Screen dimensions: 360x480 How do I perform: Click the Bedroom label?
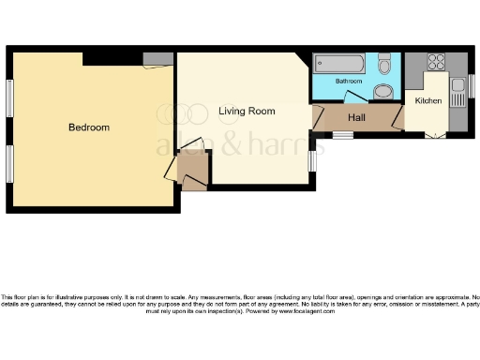click(89, 127)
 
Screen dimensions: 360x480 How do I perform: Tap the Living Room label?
click(247, 112)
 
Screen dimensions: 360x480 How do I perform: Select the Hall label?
click(356, 118)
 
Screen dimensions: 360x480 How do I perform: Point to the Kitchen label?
click(427, 100)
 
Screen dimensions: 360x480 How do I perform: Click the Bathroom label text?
click(350, 82)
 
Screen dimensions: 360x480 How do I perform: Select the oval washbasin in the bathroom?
click(383, 92)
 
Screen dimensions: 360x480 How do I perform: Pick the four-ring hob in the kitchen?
click(436, 63)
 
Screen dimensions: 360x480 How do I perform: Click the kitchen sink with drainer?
click(457, 93)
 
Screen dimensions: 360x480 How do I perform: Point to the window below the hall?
click(343, 135)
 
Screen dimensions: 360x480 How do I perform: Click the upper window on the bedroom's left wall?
click(9, 100)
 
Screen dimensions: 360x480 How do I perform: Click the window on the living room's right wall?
click(312, 160)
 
